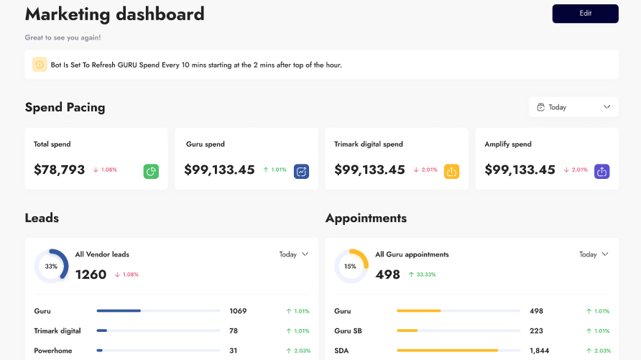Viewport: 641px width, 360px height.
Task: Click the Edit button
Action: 585,14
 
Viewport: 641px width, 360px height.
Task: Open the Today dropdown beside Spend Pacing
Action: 573,107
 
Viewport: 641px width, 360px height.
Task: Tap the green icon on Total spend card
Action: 151,171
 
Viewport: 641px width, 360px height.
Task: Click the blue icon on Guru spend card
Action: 302,171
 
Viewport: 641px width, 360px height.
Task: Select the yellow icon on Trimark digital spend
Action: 451,171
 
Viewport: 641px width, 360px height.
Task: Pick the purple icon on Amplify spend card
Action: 602,171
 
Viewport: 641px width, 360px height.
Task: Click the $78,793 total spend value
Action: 60,170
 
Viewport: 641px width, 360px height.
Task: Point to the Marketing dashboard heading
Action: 114,14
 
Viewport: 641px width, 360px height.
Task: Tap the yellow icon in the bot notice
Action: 40,65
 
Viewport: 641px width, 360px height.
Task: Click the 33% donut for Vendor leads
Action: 51,266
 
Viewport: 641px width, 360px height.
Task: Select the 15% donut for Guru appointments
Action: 351,266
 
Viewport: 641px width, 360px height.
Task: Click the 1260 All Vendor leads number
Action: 91,274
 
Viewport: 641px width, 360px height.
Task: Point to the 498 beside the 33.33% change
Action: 387,274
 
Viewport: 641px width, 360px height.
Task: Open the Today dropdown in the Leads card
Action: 293,254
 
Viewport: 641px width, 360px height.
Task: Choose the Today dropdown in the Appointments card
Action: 594,254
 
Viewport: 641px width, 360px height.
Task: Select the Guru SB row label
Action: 348,331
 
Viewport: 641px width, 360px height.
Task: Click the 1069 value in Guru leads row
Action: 238,311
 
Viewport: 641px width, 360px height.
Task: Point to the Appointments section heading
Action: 366,218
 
